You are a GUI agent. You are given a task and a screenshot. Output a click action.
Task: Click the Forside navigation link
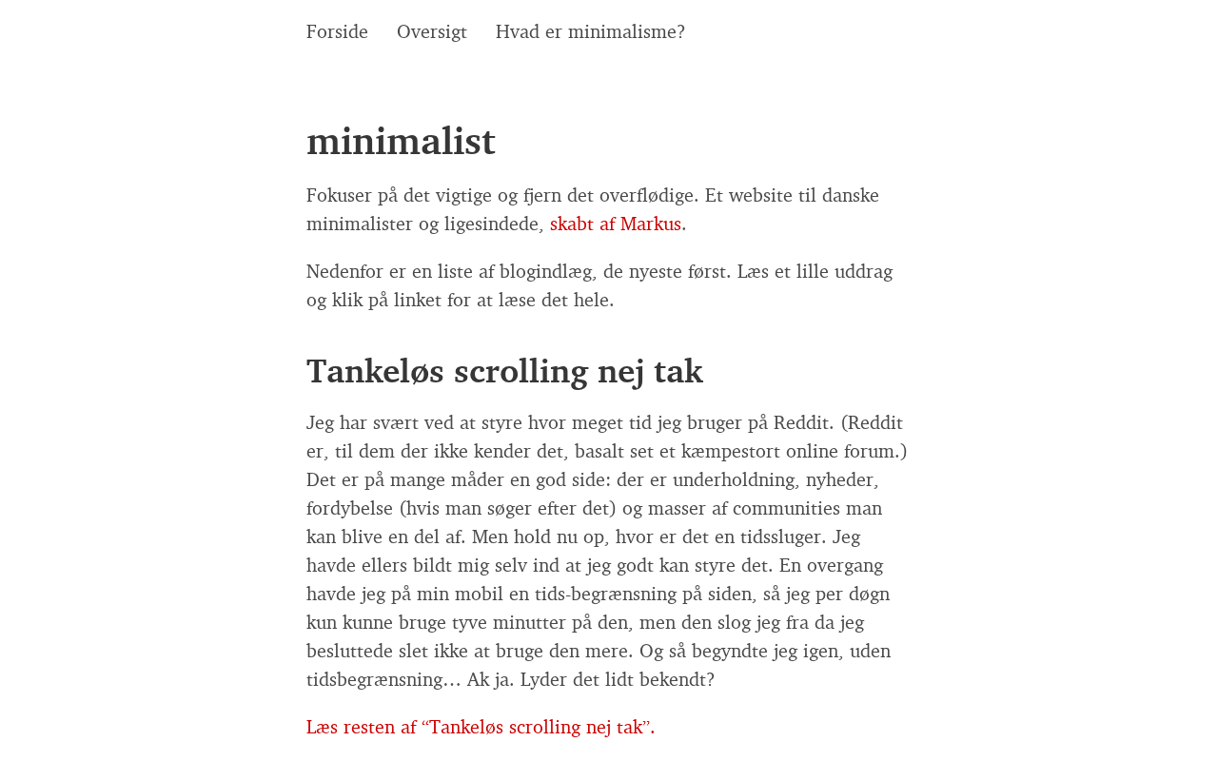click(x=337, y=31)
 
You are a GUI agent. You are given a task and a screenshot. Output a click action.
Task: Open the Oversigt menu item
click(x=431, y=31)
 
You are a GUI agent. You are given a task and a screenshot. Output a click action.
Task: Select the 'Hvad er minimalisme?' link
click(x=590, y=31)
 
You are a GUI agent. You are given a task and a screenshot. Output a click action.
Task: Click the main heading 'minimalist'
click(x=401, y=141)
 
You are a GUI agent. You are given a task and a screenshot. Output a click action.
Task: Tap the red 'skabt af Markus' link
click(x=616, y=224)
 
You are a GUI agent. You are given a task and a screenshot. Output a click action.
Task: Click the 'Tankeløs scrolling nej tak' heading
click(x=504, y=371)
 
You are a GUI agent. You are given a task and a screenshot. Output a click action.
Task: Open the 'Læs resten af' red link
click(x=481, y=727)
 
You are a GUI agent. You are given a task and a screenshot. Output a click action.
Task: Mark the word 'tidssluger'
click(x=777, y=537)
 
